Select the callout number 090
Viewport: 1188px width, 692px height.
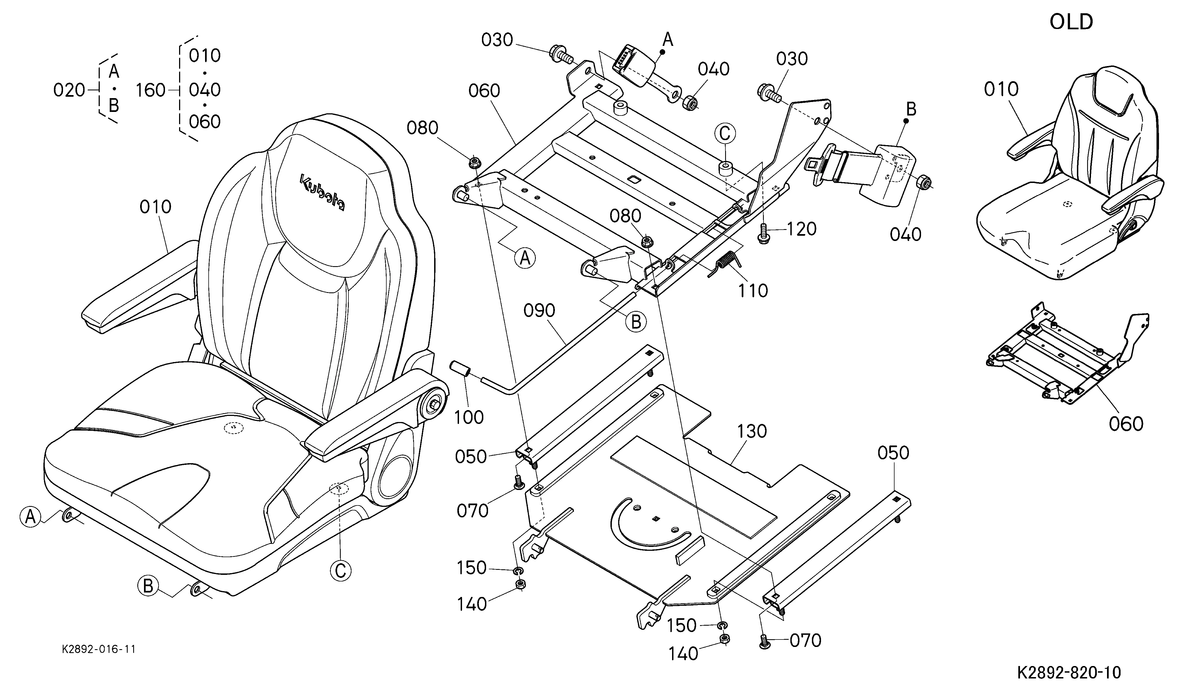click(540, 311)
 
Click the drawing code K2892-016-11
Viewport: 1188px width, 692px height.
click(99, 649)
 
